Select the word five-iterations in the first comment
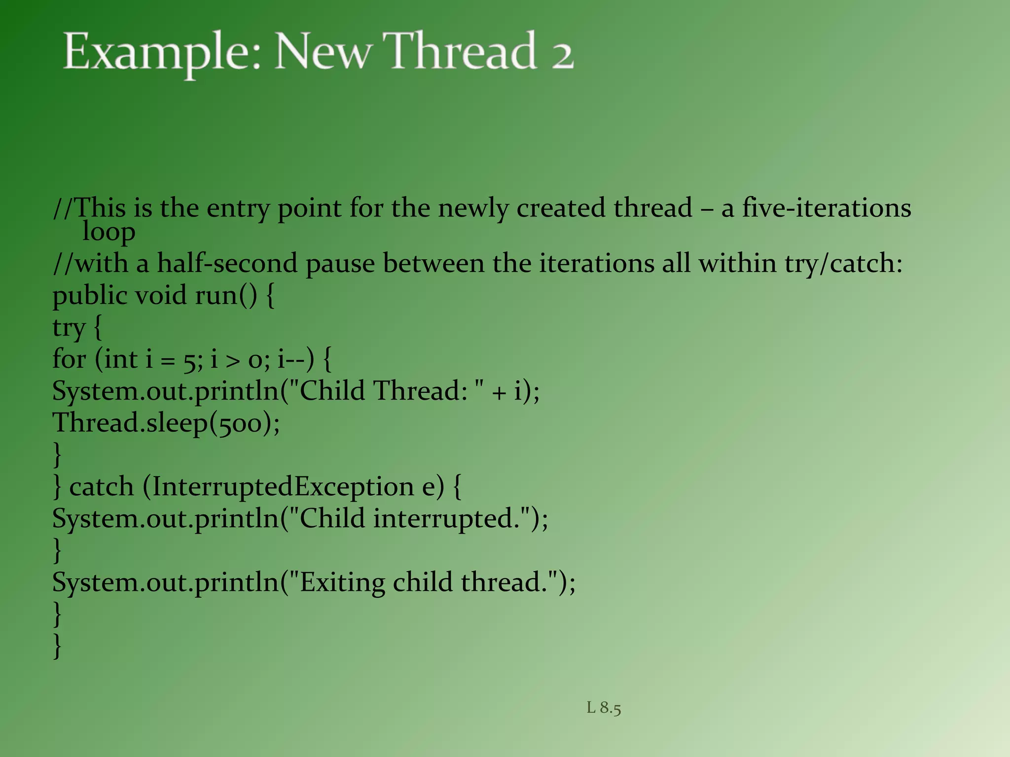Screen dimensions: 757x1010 [x=826, y=207]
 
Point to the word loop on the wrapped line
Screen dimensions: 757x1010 [x=108, y=232]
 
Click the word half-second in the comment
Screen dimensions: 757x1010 [x=227, y=263]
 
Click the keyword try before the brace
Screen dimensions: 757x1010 [x=69, y=328]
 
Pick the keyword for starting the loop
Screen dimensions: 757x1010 [x=69, y=359]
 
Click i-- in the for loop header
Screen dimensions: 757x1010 [x=291, y=359]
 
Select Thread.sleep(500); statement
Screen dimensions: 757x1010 [x=166, y=423]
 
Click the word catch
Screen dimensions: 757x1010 [x=102, y=487]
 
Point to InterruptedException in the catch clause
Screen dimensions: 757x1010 [x=283, y=487]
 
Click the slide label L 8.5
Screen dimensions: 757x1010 [x=604, y=708]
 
